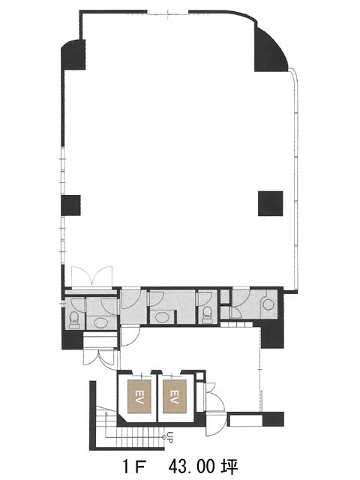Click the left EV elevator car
point(139,397)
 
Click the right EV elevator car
point(174,397)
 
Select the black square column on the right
point(270,203)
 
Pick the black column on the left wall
point(70,205)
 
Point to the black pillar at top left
point(73,55)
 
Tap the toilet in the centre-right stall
point(208,314)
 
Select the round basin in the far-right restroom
point(268,304)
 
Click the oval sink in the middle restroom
point(161,316)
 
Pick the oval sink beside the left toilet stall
point(100,322)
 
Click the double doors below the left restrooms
point(100,358)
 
